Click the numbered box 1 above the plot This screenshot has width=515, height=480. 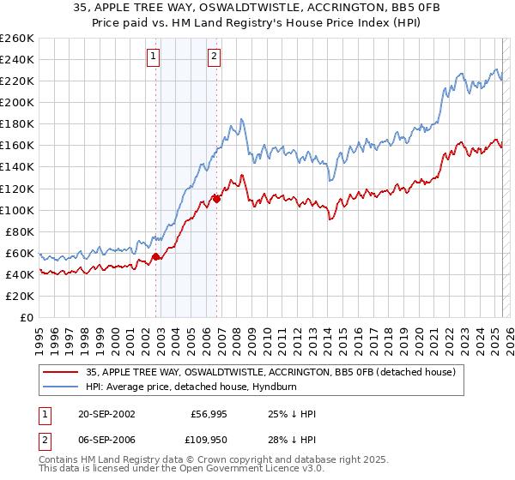153,57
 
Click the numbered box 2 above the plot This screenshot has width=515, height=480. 213,57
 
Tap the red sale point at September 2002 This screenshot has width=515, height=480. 155,256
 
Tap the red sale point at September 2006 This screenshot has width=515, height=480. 216,199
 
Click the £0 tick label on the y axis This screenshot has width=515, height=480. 27,317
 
